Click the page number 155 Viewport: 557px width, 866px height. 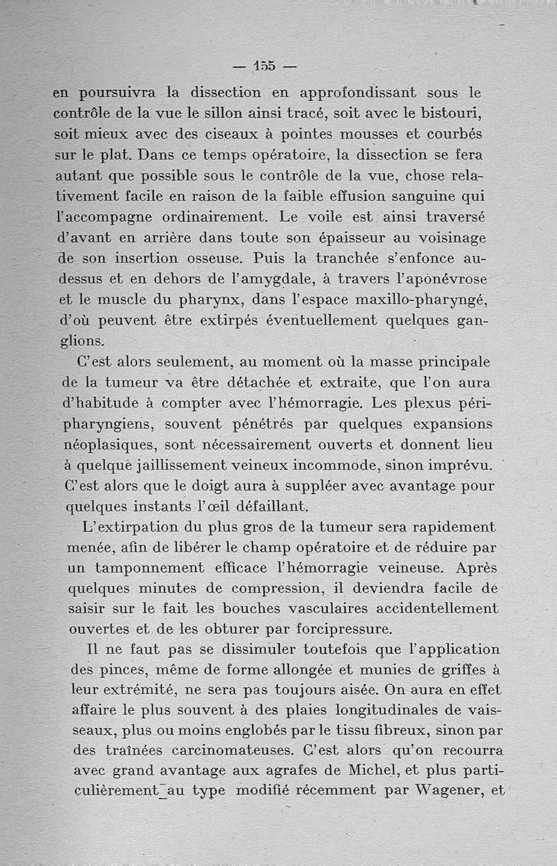[x=265, y=66]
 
